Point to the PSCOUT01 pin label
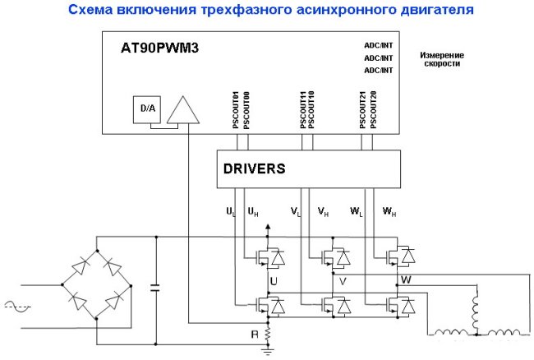pos(236,110)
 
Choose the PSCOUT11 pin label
pos(303,110)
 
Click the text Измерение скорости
pos(443,59)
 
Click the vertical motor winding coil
pos(474,309)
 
